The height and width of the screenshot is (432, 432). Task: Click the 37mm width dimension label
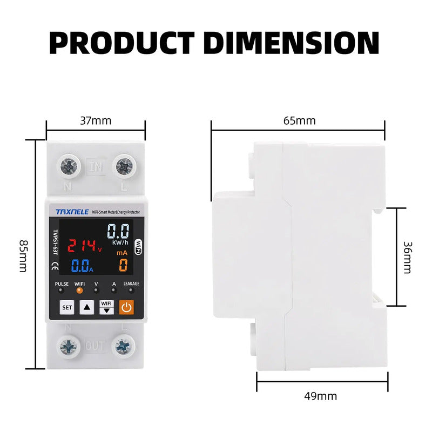pyautogui.click(x=96, y=120)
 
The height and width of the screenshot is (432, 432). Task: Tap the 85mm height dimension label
pyautogui.click(x=23, y=255)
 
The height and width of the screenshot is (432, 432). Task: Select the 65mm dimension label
pyautogui.click(x=299, y=120)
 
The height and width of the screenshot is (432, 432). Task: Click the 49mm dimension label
pyautogui.click(x=321, y=396)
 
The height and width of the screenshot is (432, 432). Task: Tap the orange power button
pyautogui.click(x=126, y=307)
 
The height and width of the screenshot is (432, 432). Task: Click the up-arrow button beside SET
pyautogui.click(x=87, y=307)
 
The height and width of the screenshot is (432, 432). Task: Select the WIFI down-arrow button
pyautogui.click(x=106, y=307)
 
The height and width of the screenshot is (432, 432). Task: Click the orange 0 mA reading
pyautogui.click(x=123, y=265)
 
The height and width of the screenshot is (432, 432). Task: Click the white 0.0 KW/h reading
pyautogui.click(x=118, y=232)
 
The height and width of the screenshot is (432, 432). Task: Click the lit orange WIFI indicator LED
pyautogui.click(x=79, y=290)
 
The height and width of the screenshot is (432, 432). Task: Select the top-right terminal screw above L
pyautogui.click(x=125, y=166)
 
